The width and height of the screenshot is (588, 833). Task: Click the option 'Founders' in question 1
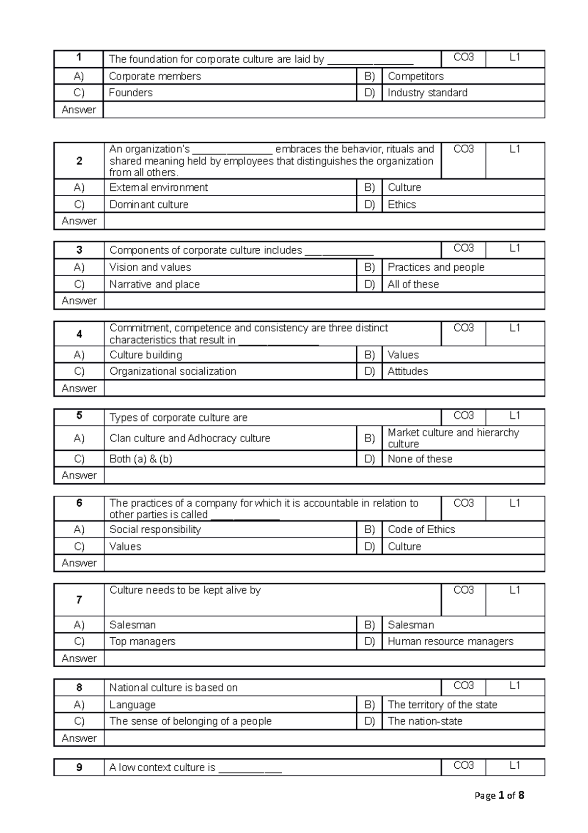(x=131, y=93)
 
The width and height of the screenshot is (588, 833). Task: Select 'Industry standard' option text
(x=427, y=93)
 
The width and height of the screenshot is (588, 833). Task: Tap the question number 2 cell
(x=79, y=161)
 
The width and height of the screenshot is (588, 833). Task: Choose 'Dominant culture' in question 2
(x=149, y=204)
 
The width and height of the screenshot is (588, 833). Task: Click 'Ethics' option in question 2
(x=401, y=204)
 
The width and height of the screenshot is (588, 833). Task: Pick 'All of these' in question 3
(x=413, y=284)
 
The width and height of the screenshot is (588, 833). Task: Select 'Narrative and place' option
(x=154, y=284)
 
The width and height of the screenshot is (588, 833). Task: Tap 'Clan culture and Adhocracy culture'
(x=190, y=438)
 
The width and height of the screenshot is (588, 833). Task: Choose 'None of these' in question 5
(x=420, y=459)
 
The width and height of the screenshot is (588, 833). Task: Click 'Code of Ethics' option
(x=421, y=529)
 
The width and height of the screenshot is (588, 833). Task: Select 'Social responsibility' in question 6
(x=155, y=529)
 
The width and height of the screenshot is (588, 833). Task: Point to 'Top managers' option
(x=142, y=641)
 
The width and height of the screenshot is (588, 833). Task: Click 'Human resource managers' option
(x=450, y=641)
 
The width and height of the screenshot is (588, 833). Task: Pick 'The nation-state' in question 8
(x=425, y=721)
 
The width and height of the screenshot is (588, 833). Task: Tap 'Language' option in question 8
(x=132, y=704)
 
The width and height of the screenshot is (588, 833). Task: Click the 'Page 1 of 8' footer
(x=499, y=795)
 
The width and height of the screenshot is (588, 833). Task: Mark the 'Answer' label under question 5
(x=79, y=475)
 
